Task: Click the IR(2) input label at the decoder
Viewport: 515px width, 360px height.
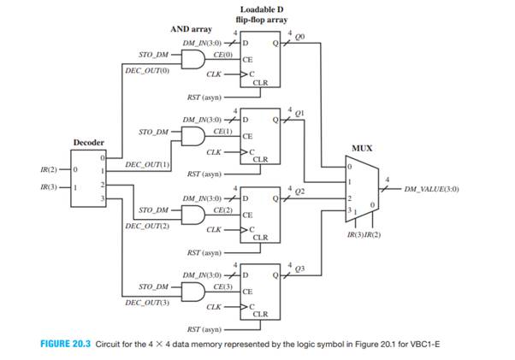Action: (48, 169)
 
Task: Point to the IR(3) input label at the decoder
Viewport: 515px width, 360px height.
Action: (48, 187)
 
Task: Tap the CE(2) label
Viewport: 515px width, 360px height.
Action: (223, 209)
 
